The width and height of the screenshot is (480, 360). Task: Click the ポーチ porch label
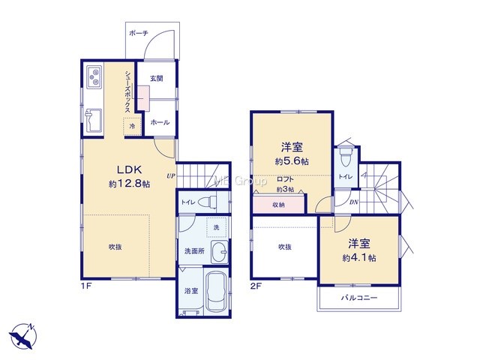138,33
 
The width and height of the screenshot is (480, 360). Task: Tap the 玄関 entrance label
156,79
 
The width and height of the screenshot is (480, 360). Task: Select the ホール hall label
160,122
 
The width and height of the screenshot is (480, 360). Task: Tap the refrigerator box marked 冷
132,126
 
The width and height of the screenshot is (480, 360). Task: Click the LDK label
129,169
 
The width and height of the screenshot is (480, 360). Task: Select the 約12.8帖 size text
129,184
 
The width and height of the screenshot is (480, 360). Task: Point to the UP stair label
171,176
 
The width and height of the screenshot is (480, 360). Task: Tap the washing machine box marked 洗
217,227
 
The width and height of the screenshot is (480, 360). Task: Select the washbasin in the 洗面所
220,252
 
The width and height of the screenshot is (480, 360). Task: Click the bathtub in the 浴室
217,291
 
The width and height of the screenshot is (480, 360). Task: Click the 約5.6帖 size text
292,161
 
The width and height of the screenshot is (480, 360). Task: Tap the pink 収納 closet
279,203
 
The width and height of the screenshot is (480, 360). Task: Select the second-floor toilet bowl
346,157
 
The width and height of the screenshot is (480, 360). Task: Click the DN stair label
354,202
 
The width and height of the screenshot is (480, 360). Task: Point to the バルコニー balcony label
359,298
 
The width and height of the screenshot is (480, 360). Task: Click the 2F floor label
256,286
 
